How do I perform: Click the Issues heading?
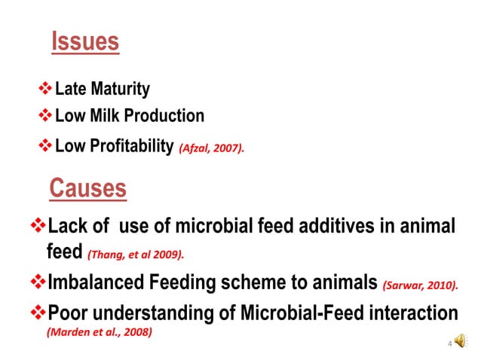click(85, 42)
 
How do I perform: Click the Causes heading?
click(87, 188)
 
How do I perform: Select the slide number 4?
click(449, 344)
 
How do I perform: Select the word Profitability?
click(131, 145)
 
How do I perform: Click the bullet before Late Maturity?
click(45, 90)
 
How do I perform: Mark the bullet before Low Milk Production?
click(45, 117)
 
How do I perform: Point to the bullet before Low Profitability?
click(45, 145)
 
